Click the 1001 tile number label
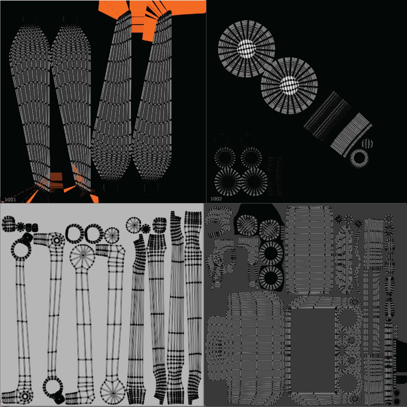pyautogui.click(x=10, y=200)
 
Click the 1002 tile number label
pyautogui.click(x=216, y=199)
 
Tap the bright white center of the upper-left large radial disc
pyautogui.click(x=246, y=49)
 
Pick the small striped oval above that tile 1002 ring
pyautogui.click(x=367, y=143)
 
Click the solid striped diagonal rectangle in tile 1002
pyautogui.click(x=352, y=135)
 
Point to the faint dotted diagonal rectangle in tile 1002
pyautogui.click(x=327, y=116)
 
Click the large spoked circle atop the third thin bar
pyautogui.click(x=82, y=256)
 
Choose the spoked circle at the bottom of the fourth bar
pyautogui.click(x=113, y=391)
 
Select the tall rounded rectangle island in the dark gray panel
pyautogui.click(x=309, y=250)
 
